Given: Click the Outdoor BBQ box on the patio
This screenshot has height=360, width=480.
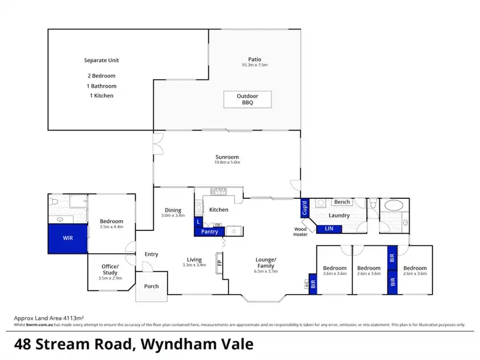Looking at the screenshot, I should tap(247, 100).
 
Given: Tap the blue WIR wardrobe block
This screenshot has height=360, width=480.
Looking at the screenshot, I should tap(68, 239).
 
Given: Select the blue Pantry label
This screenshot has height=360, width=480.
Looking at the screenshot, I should tap(209, 231).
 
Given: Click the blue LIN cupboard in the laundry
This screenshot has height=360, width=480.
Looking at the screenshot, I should tap(329, 228).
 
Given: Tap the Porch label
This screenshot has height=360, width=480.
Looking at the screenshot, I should tap(152, 286).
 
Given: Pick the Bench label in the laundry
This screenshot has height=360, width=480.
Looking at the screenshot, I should tap(342, 202).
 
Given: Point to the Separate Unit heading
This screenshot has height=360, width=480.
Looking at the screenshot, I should tap(102, 61).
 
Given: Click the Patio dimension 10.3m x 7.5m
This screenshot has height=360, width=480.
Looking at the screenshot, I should tap(254, 65).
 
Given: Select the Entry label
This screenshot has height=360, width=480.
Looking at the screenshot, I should tap(151, 254).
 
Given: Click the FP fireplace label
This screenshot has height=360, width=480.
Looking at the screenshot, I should tap(220, 262).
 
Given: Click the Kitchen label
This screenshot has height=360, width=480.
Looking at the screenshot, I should tap(218, 210).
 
